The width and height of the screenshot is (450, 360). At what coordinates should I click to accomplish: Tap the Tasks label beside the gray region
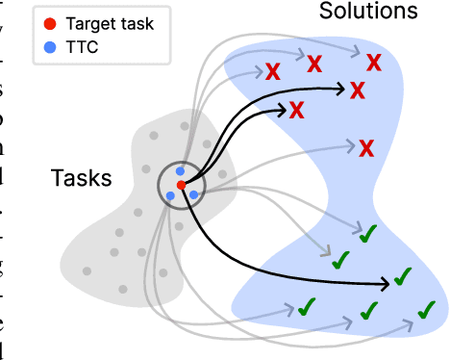tap(81, 178)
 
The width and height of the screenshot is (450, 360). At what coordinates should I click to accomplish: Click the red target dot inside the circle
tap(181, 185)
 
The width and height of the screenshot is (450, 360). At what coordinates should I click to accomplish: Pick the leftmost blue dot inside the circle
tap(170, 195)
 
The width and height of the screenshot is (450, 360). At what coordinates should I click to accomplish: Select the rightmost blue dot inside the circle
tap(193, 194)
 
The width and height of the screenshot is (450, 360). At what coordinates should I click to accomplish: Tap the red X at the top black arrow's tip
tap(358, 90)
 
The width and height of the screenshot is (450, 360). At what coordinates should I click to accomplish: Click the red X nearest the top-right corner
tap(373, 61)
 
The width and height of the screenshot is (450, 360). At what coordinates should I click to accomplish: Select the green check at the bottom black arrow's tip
tap(403, 278)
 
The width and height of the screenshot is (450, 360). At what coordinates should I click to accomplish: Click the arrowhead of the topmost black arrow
tap(341, 88)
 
